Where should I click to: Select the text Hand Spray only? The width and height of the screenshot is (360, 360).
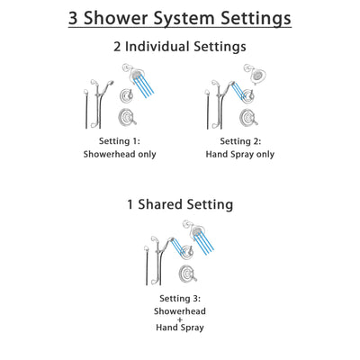pos(238,154)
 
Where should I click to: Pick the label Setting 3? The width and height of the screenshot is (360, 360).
pos(180,298)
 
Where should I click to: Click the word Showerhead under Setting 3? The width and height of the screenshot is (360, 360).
pos(180,310)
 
